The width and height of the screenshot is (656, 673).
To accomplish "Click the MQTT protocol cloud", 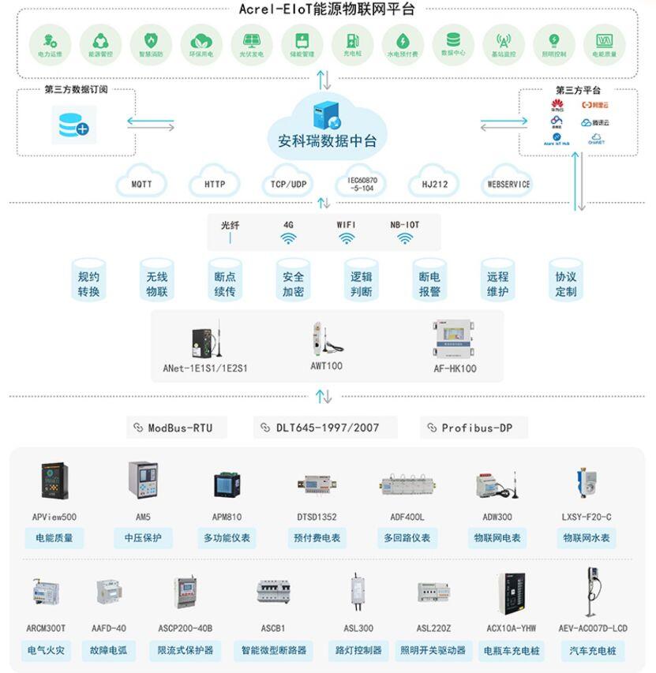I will [141, 184].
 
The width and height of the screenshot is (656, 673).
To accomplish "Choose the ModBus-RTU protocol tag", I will [177, 428].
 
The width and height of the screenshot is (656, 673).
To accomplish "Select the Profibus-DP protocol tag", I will [473, 428].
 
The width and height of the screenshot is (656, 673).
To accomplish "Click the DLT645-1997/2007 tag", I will [325, 428].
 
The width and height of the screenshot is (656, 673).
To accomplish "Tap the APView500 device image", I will [54, 480].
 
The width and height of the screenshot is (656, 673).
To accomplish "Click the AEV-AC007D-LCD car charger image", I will [588, 592].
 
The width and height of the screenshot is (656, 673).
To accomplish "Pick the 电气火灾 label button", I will [47, 651].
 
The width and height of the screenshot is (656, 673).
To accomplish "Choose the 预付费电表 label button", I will [313, 538].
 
